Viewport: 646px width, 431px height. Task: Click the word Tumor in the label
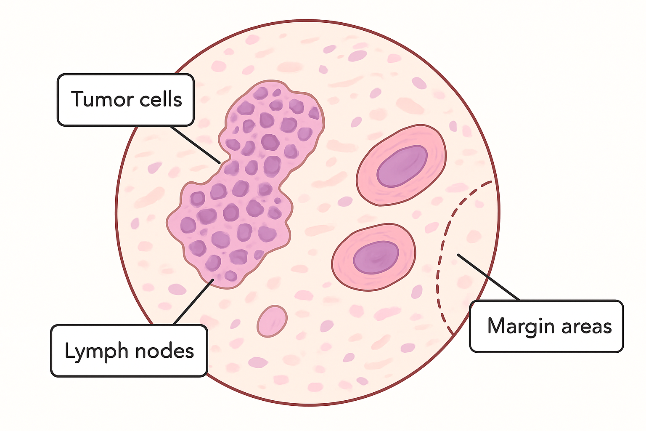102,99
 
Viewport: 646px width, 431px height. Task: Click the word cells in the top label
161,99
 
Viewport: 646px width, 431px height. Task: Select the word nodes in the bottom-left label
164,351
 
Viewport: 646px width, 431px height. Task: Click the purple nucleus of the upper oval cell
402,166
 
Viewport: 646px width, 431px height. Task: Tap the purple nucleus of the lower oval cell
376,258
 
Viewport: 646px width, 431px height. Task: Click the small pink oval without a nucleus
272,321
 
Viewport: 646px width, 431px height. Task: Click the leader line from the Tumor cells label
195,145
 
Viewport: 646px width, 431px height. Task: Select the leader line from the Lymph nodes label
193,302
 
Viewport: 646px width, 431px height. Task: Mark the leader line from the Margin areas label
488,277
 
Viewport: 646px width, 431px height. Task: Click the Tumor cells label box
125,100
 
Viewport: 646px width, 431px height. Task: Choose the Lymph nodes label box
129,351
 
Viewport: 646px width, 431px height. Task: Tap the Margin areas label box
546,326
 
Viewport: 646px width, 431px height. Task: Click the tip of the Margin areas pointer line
458,254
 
